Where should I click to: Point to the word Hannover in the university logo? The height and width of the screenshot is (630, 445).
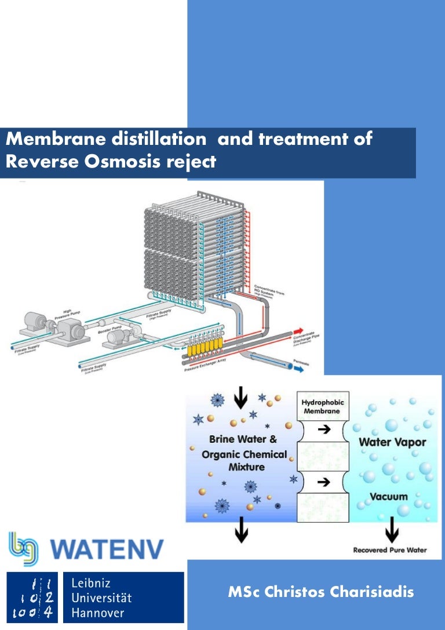click(97, 612)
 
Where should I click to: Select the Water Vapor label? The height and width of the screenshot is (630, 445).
click(392, 443)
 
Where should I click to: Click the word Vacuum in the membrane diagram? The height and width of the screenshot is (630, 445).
click(389, 497)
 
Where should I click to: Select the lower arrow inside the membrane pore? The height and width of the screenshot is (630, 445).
click(325, 482)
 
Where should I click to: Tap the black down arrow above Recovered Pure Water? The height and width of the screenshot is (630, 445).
click(392, 528)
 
